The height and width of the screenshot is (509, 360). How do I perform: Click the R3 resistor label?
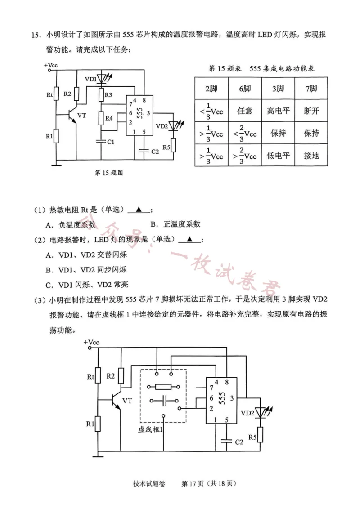pyautogui.click(x=108, y=95)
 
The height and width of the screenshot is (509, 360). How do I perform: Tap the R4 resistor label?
pyautogui.click(x=108, y=118)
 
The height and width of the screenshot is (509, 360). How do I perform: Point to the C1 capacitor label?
pyautogui.click(x=110, y=142)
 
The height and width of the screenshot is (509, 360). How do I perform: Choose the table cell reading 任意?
pyautogui.click(x=245, y=111)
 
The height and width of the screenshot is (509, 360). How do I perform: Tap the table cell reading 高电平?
pyautogui.click(x=278, y=111)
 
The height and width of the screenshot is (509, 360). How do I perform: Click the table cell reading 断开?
pyautogui.click(x=311, y=111)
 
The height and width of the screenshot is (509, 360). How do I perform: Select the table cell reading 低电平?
pyautogui.click(x=278, y=156)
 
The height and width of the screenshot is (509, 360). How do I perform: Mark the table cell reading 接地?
pyautogui.click(x=311, y=156)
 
